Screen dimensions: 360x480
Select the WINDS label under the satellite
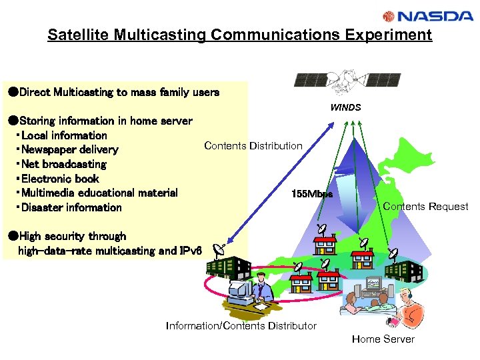345,107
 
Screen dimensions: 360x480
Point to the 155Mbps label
312,194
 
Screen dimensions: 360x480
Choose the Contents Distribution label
253,145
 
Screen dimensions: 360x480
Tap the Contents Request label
425,207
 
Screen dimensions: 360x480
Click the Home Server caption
383,339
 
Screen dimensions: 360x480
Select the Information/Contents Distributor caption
241,325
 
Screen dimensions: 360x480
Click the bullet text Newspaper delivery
69,150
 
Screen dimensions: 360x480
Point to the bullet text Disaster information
71,207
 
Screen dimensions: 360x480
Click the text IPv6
191,251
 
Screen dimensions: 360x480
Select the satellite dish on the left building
219,251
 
